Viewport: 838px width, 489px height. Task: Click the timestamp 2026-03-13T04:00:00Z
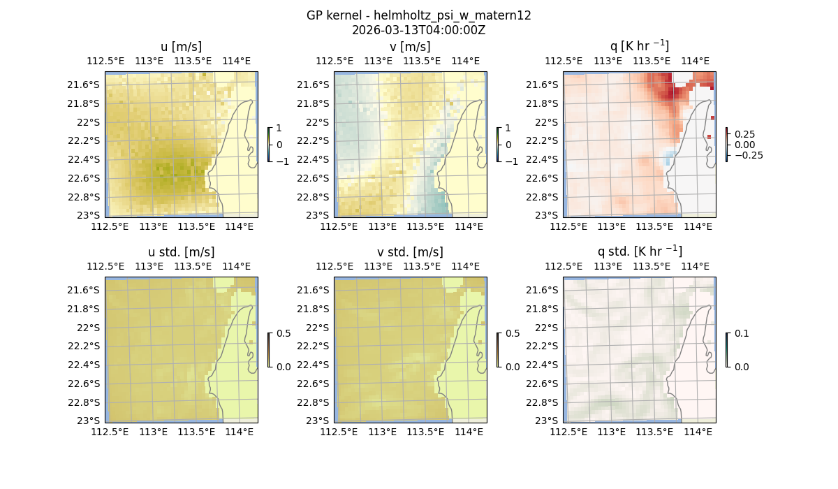coord(418,30)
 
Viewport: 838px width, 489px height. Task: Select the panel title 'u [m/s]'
coord(182,47)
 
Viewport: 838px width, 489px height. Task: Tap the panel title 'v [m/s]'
coord(411,47)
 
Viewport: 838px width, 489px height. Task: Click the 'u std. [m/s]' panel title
coord(182,251)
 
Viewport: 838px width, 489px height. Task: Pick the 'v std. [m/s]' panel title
coord(411,251)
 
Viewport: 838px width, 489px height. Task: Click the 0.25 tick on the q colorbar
coord(745,134)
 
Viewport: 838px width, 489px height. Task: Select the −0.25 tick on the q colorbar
coord(748,155)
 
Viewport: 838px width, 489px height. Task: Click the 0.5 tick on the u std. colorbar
coord(284,334)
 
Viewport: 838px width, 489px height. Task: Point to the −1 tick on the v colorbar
coord(513,161)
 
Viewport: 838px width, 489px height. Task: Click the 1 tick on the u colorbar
coord(279,129)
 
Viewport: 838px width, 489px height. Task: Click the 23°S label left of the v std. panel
coord(316,421)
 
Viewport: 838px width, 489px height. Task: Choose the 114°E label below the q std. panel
coord(697,432)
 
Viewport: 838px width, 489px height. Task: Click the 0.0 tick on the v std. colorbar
coord(513,366)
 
